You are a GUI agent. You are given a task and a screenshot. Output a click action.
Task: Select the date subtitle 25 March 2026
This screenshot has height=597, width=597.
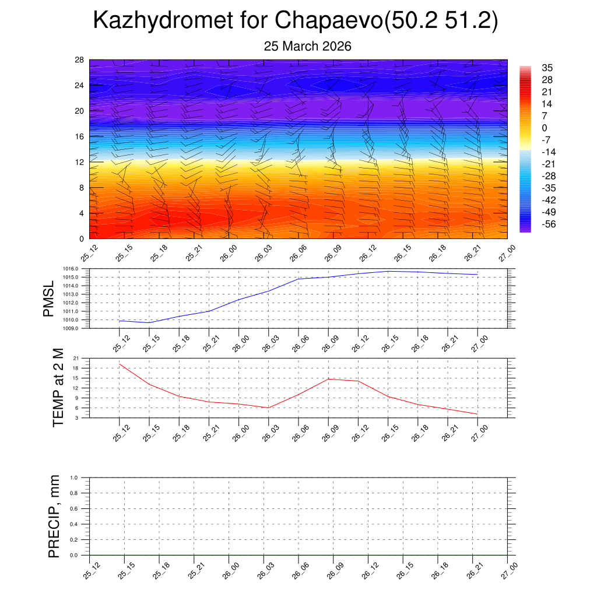pyautogui.click(x=307, y=47)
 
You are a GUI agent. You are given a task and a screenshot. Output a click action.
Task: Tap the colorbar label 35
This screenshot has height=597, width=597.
pyautogui.click(x=547, y=68)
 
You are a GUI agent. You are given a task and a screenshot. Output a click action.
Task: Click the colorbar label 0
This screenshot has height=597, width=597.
pyautogui.click(x=545, y=128)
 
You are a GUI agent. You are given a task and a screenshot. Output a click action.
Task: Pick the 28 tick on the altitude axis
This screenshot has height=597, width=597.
pyautogui.click(x=80, y=60)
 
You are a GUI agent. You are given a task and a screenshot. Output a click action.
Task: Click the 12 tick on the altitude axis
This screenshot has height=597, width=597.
pyautogui.click(x=80, y=162)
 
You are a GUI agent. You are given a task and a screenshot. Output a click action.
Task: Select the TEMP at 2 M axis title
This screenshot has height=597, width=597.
pyautogui.click(x=58, y=388)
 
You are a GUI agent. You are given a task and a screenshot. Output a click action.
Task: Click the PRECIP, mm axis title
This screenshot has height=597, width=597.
pyautogui.click(x=54, y=517)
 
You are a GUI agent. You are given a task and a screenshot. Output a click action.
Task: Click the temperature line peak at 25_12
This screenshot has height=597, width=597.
pyautogui.click(x=120, y=364)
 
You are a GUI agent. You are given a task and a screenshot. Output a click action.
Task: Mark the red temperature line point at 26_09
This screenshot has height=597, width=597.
pyautogui.click(x=328, y=379)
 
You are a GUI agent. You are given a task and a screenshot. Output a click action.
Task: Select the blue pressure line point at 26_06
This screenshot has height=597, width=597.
pyautogui.click(x=298, y=279)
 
